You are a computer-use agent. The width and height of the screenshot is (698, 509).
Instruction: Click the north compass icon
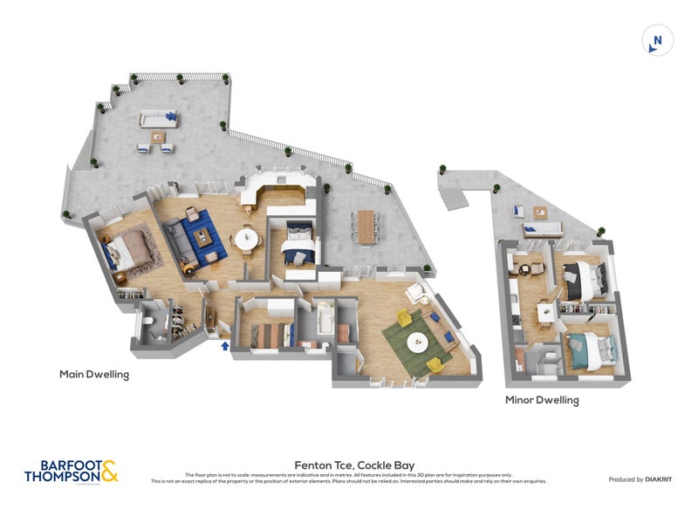point(657,40)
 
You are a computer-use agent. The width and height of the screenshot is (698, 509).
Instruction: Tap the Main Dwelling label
point(94,375)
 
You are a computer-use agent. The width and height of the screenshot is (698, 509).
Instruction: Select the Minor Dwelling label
point(542,400)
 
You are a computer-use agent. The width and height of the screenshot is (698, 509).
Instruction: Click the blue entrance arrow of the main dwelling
point(226,347)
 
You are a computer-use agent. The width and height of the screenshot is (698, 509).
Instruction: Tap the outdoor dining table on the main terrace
point(366,226)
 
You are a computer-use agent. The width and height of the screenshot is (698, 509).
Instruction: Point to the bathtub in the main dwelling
point(326,322)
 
